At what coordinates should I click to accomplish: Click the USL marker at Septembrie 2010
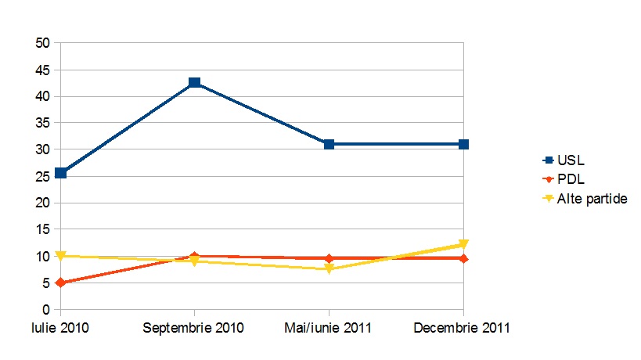pyautogui.click(x=195, y=82)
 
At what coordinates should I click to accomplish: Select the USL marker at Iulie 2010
pyautogui.click(x=60, y=173)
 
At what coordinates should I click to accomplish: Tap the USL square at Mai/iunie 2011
pyautogui.click(x=330, y=144)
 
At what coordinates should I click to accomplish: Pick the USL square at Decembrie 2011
pyautogui.click(x=464, y=144)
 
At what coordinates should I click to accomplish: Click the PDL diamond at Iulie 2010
pyautogui.click(x=60, y=283)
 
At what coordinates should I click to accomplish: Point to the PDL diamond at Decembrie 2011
pyautogui.click(x=464, y=258)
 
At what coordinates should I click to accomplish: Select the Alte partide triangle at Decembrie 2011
pyautogui.click(x=464, y=245)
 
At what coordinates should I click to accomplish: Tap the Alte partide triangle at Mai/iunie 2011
pyautogui.click(x=330, y=269)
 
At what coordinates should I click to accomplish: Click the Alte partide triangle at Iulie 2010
pyautogui.click(x=60, y=256)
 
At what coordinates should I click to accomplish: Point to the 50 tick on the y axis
pyautogui.click(x=43, y=43)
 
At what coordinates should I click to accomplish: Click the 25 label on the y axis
pyautogui.click(x=43, y=176)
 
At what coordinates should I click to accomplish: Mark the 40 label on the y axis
pyautogui.click(x=43, y=96)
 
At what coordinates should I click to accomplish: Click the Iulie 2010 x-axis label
pyautogui.click(x=60, y=328)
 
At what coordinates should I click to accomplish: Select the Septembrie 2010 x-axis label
pyautogui.click(x=194, y=328)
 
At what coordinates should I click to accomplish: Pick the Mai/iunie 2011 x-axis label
pyautogui.click(x=330, y=328)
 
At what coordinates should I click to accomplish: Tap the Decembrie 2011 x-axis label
pyautogui.click(x=464, y=328)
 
